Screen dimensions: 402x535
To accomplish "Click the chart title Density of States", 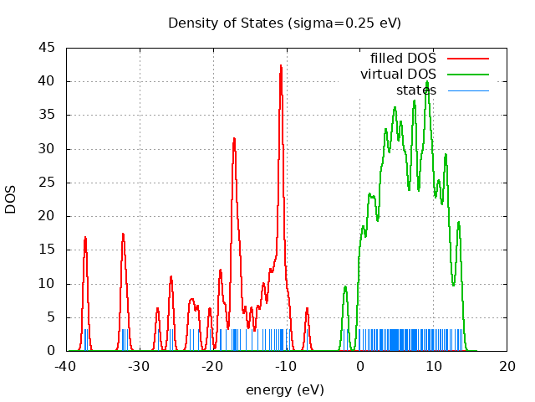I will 284,23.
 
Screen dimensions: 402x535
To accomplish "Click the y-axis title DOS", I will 11,199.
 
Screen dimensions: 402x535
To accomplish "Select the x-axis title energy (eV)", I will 284,389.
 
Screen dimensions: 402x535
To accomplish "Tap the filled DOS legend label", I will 403,59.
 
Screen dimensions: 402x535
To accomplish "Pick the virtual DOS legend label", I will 398,75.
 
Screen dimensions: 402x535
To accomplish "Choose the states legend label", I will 416,90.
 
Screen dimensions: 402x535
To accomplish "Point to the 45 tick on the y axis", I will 47,48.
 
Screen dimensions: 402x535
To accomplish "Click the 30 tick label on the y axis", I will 47,149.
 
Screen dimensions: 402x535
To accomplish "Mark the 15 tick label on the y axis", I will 47,250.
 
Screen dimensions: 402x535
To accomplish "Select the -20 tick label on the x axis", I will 212,366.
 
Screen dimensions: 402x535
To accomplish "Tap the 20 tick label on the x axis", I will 507,366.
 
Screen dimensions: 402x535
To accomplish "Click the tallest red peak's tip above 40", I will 281,65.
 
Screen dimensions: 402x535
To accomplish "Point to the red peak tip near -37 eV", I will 85,237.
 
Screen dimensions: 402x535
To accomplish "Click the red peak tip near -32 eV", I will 123,234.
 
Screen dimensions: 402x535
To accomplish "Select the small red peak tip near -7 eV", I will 307,308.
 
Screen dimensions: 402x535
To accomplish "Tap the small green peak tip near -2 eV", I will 345,286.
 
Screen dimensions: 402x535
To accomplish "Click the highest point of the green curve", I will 427,81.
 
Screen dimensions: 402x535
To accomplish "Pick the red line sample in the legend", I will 467,59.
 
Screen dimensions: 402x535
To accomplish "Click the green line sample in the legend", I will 467,75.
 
